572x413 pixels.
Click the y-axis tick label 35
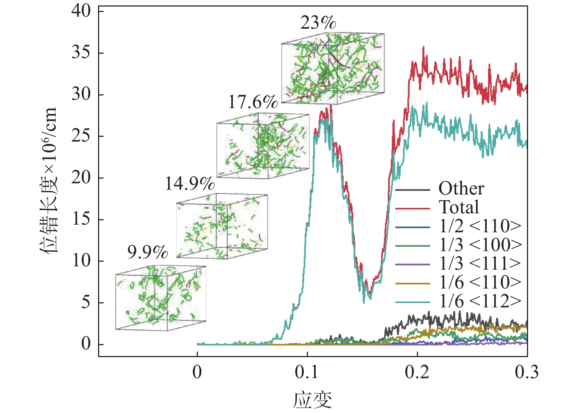(81, 53)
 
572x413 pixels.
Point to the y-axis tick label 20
(81, 178)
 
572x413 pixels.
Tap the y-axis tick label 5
(86, 303)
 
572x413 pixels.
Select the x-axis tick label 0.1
(307, 372)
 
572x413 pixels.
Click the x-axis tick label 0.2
(417, 372)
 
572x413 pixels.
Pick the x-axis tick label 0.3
(527, 372)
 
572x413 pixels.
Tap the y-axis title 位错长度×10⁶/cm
(49, 180)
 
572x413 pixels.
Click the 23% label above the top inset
(318, 23)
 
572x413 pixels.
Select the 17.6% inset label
(253, 102)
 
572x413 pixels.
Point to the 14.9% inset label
(190, 184)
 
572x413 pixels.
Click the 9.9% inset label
(147, 252)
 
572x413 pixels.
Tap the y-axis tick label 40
(81, 11)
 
